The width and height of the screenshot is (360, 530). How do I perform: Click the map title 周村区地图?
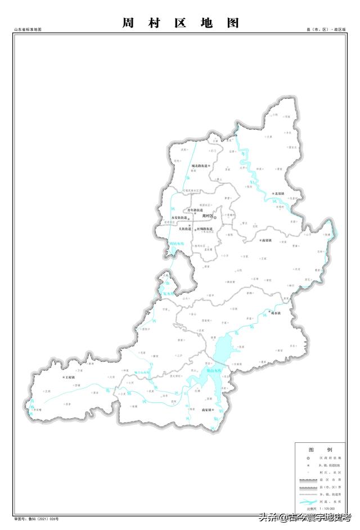(180, 23)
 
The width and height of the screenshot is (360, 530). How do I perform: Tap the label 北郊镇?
(279, 194)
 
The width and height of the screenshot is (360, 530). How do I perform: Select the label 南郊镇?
(267, 240)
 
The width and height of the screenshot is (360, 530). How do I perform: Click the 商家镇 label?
(206, 410)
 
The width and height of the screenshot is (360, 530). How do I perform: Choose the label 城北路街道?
(199, 166)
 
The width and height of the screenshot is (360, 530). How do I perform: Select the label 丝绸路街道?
(204, 229)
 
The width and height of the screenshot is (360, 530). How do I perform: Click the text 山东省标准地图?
(28, 29)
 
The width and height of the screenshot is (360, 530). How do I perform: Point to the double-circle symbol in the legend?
(308, 459)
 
